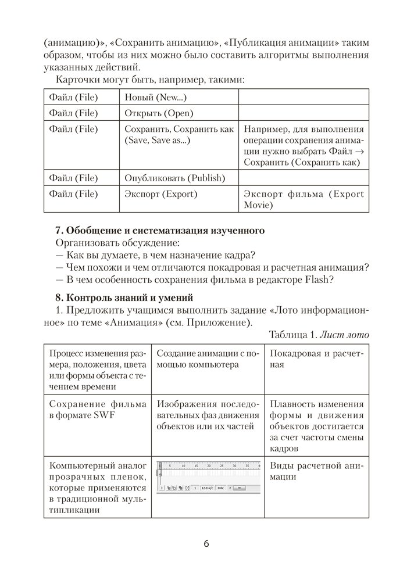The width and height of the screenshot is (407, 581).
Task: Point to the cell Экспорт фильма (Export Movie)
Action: (304, 199)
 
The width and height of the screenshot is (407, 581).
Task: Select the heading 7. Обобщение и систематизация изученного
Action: (160, 231)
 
